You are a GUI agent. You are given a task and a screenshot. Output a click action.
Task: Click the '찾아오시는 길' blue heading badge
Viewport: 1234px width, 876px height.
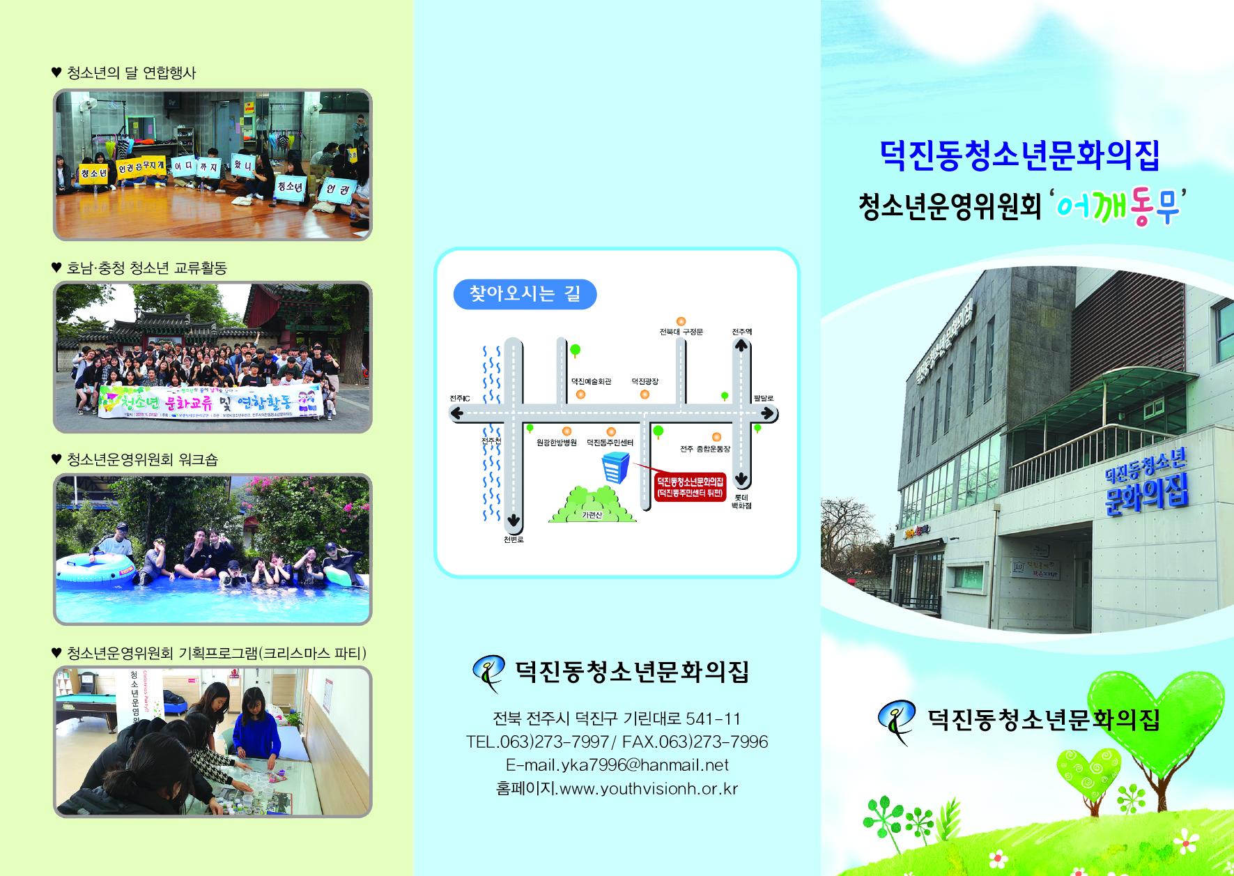pyautogui.click(x=525, y=294)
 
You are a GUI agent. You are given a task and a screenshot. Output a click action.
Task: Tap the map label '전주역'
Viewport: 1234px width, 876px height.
pyautogui.click(x=741, y=332)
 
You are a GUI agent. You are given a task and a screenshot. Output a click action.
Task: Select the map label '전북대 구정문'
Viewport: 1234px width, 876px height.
pyautogui.click(x=681, y=332)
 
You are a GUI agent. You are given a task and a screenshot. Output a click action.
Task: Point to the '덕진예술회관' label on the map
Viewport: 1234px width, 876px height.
pyautogui.click(x=591, y=381)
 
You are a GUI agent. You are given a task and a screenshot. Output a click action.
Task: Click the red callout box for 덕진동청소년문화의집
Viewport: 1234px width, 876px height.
pyautogui.click(x=690, y=486)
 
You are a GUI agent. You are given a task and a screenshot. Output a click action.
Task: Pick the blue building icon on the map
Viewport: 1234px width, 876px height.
pyautogui.click(x=615, y=468)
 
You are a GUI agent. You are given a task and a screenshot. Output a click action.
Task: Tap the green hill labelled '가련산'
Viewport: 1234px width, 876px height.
pyautogui.click(x=592, y=505)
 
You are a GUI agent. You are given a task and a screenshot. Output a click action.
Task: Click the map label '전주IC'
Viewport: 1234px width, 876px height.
pyautogui.click(x=460, y=399)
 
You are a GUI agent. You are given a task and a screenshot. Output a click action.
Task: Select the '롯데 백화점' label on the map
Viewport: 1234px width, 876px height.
pyautogui.click(x=741, y=502)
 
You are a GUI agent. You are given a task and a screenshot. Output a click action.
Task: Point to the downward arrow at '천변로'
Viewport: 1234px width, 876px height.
pyautogui.click(x=514, y=520)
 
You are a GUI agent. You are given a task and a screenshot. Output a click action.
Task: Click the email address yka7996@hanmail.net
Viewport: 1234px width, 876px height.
pyautogui.click(x=617, y=765)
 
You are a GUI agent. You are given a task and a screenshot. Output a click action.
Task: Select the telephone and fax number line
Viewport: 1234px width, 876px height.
pyautogui.click(x=617, y=741)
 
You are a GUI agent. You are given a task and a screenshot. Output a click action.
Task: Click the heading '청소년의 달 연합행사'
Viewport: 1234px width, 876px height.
pyautogui.click(x=131, y=72)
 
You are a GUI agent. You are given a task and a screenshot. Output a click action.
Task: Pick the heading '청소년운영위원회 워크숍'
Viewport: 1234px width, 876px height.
pyautogui.click(x=142, y=459)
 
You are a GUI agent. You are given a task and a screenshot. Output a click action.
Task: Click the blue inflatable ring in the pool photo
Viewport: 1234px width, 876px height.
pyautogui.click(x=95, y=567)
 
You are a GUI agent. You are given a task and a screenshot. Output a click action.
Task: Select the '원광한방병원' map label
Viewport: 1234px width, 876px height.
pyautogui.click(x=556, y=443)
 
